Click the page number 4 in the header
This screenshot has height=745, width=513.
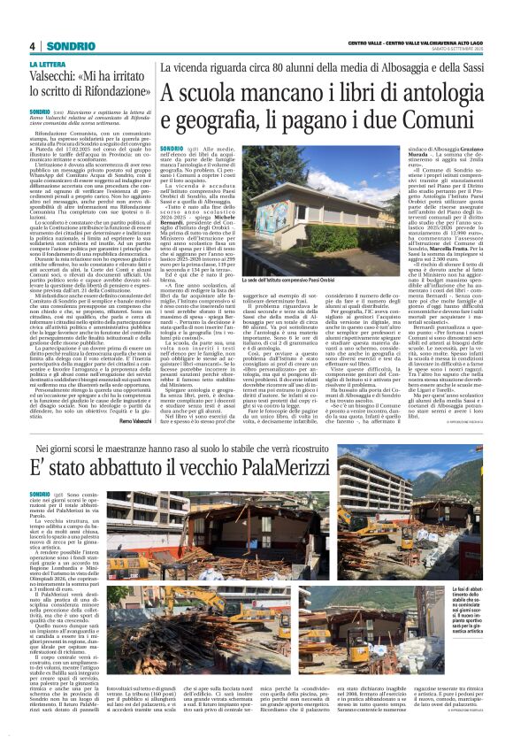point(32,46)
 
